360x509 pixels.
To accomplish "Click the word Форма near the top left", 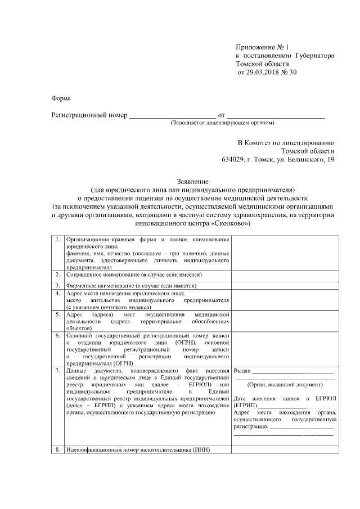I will (61, 98).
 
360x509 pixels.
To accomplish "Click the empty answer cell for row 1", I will (285, 253).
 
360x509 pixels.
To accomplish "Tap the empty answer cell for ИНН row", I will (285, 451).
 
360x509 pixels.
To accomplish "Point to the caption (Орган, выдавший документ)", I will (285, 385).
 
